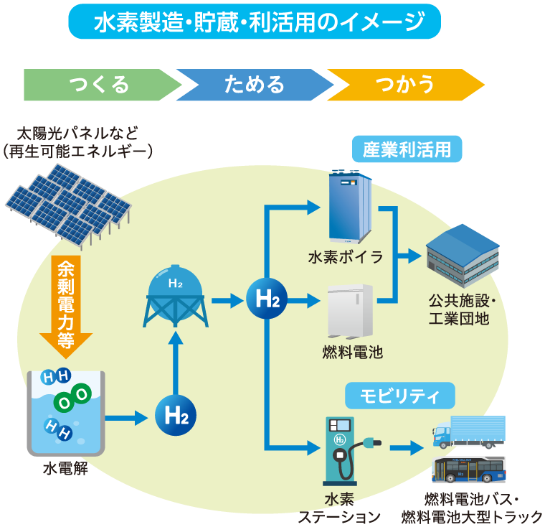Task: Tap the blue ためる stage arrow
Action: (254, 85)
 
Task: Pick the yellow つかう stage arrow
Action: (405, 85)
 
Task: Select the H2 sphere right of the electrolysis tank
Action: (175, 415)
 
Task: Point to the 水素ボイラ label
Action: (346, 257)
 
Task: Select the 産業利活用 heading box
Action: (407, 150)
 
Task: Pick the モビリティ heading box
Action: (400, 395)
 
